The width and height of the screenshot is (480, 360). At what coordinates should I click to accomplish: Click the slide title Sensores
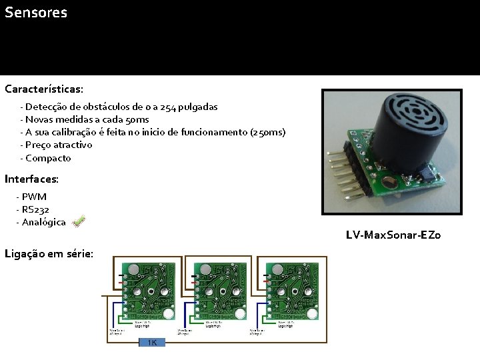tap(36, 13)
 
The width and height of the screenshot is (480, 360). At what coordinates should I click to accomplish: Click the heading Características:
tap(44, 89)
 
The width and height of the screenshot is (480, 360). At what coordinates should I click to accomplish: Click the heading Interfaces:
tap(31, 179)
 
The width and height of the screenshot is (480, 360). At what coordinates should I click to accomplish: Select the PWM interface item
tap(34, 197)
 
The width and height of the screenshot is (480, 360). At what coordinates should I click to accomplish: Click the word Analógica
tap(44, 222)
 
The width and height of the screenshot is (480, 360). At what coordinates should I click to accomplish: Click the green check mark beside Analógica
tap(78, 221)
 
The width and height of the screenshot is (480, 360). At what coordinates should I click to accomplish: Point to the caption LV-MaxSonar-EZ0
tap(393, 235)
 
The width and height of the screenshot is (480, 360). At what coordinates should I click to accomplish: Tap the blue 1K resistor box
tap(152, 342)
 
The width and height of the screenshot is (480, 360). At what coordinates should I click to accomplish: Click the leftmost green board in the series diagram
tap(148, 291)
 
